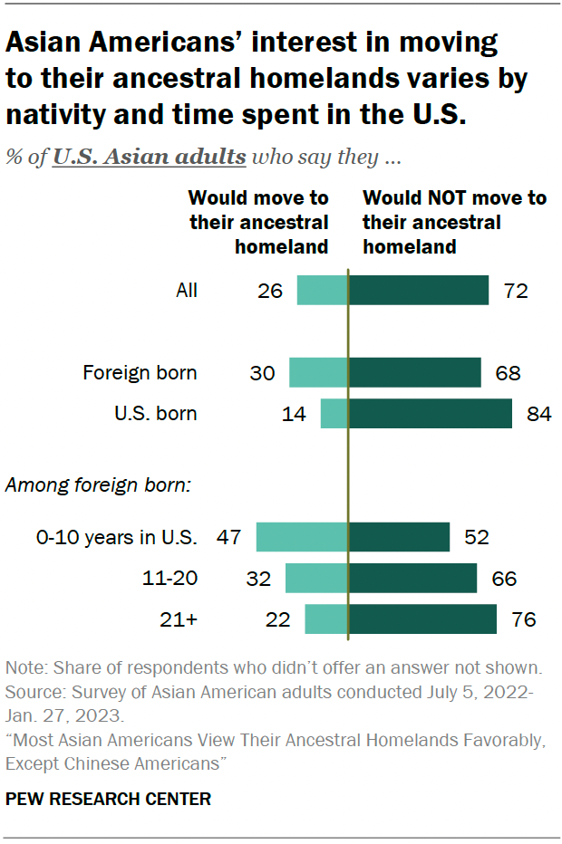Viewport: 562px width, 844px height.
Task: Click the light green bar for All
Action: coord(323,291)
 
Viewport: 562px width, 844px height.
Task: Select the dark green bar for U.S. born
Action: coord(430,414)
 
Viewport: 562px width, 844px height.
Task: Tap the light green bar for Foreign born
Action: coord(318,372)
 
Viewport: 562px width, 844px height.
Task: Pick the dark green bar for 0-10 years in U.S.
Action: coord(399,537)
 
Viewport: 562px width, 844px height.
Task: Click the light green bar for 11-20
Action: coord(316,578)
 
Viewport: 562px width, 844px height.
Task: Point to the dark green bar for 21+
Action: coord(422,619)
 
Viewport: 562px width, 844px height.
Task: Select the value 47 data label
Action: coord(228,537)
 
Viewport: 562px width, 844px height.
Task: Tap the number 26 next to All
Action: coord(270,291)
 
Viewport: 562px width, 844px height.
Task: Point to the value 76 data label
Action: coord(523,620)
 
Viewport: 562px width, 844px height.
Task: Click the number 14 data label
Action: coord(294,415)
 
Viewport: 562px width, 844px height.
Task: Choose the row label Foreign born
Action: coord(140,372)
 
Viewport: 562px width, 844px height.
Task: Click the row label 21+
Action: coord(178,620)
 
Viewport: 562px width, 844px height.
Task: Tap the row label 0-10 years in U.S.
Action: coord(116,537)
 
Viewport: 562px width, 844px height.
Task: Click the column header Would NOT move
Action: coord(453,221)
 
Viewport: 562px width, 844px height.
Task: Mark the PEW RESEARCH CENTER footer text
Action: coord(108,799)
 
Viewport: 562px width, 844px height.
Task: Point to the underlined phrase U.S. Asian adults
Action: coord(149,157)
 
